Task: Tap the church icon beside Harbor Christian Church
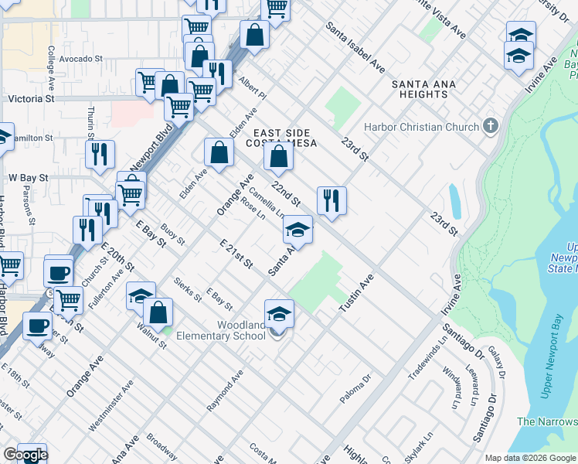[490, 126]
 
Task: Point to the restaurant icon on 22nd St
[331, 201]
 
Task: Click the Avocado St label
[80, 59]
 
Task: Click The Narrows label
[546, 421]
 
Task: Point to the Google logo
[25, 455]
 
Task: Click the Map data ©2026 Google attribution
[531, 458]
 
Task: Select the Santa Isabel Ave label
[355, 47]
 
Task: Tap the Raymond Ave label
[225, 390]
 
